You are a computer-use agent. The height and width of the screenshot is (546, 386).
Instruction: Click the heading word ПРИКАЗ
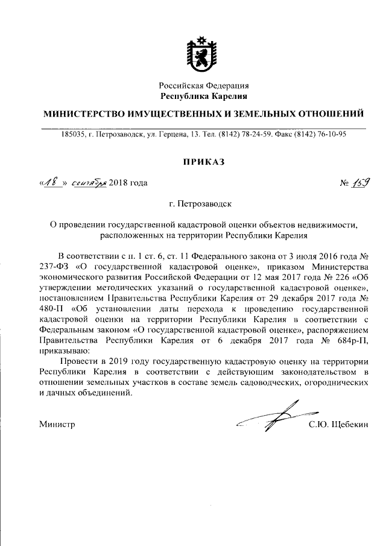(203, 162)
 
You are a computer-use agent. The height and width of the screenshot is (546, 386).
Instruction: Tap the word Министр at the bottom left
(57, 425)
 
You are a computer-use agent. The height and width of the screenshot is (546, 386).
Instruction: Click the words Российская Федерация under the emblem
(203, 86)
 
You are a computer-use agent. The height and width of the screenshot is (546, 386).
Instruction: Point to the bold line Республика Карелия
(203, 96)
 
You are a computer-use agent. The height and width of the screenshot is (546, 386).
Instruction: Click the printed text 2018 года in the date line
(128, 183)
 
